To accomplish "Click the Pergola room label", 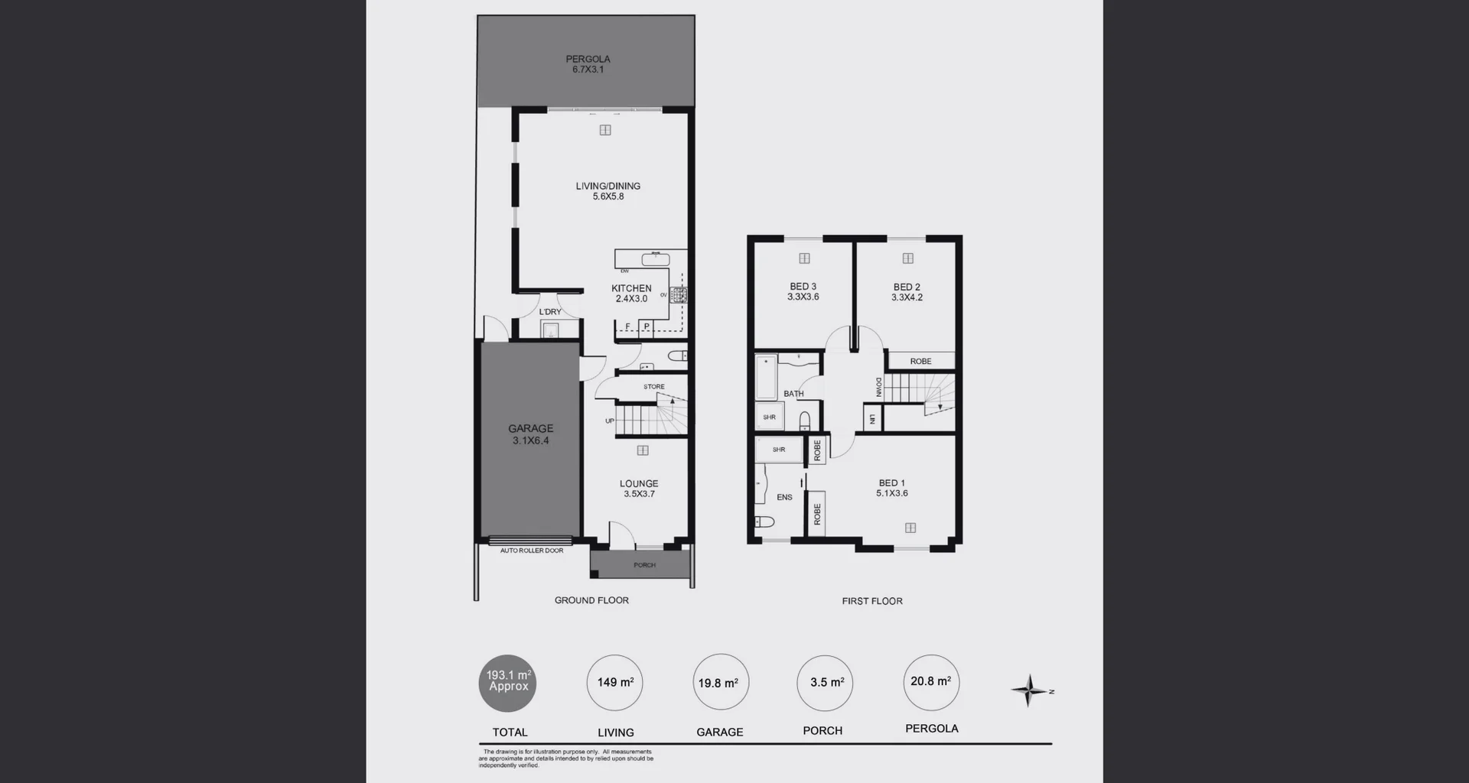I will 588,64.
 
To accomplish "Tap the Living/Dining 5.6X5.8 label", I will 608,191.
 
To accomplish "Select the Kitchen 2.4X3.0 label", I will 631,294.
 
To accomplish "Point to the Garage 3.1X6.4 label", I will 530,434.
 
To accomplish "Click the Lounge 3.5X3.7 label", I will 639,489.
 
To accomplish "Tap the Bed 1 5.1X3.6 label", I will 892,488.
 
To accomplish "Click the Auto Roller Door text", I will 532,551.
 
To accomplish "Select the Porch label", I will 644,565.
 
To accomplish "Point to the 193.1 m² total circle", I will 508,683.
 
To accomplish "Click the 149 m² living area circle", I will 615,683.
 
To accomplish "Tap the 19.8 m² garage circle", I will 720,683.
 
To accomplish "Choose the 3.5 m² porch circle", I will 826,683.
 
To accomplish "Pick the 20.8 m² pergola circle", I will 931,682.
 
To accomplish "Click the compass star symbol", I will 1029,690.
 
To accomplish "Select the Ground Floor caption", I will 591,600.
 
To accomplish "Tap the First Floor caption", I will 872,601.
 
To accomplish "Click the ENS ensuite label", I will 784,497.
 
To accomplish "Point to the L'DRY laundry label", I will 550,312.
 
